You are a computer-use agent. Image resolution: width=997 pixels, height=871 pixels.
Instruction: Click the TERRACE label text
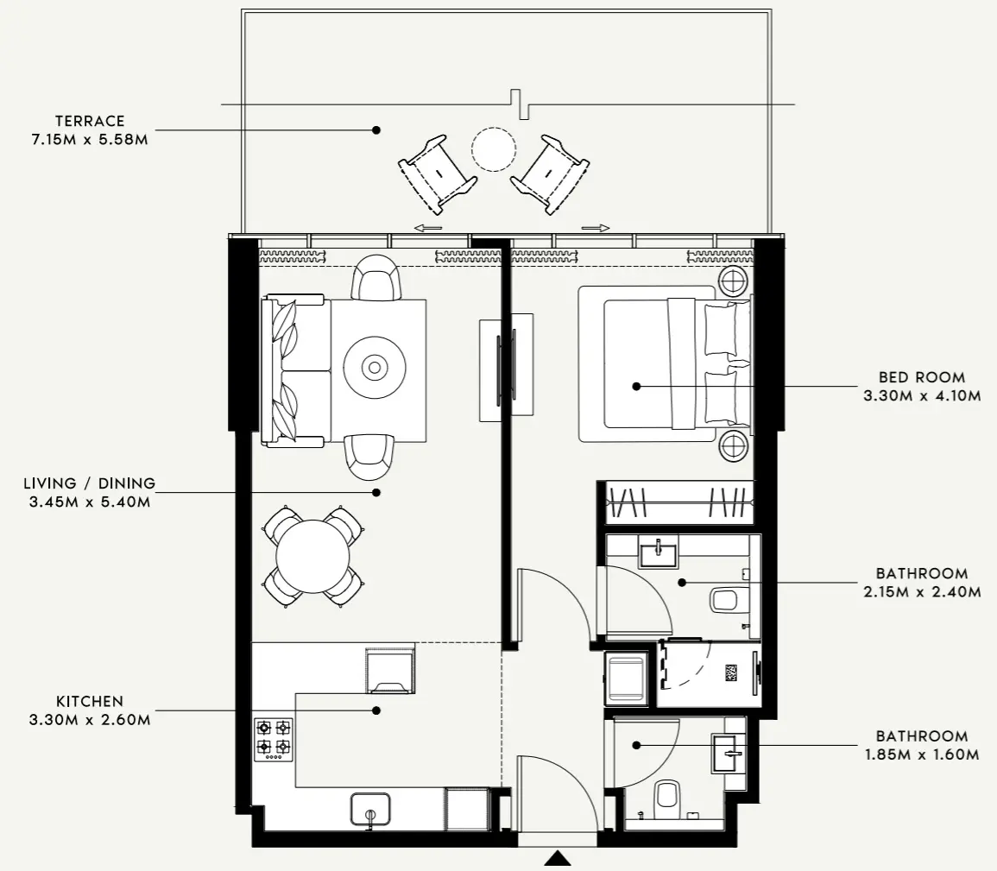point(90,121)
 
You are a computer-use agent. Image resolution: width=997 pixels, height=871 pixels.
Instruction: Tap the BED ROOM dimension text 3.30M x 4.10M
point(922,396)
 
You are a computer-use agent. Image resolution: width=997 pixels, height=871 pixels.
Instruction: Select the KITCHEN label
point(90,702)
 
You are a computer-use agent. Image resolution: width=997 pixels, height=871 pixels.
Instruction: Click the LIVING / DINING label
point(90,483)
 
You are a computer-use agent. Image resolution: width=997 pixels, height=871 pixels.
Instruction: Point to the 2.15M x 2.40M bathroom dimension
point(922,592)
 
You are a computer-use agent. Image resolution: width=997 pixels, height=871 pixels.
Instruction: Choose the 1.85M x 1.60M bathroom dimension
point(922,755)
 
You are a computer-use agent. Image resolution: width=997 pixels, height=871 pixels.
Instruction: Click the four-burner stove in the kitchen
point(273,739)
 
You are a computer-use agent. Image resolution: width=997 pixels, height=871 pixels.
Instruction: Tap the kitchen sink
point(371,811)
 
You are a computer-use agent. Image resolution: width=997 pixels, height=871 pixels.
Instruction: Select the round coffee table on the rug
point(375,367)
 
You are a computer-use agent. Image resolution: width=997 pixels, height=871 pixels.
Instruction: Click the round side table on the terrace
point(494,149)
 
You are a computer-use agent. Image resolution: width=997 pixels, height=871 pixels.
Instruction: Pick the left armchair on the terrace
point(437,174)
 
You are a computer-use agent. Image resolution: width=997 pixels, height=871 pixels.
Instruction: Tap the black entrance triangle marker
point(558,858)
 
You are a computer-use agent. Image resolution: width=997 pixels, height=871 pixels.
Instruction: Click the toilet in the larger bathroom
point(723,599)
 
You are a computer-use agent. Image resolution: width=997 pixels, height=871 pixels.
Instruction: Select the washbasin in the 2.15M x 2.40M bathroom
point(659,551)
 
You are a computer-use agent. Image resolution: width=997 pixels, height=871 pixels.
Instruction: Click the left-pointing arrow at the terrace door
point(428,228)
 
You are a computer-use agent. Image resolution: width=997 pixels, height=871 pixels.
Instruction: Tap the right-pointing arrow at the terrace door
point(596,228)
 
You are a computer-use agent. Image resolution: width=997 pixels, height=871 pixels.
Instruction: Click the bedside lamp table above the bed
point(734,281)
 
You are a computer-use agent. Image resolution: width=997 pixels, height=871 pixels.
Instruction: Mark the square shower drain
point(731,672)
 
